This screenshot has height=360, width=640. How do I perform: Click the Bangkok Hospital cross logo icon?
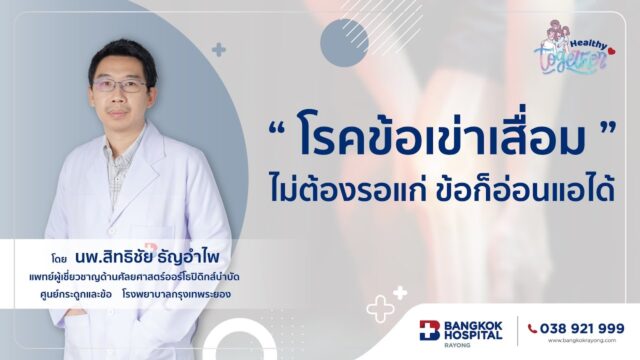pos(429,330)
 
